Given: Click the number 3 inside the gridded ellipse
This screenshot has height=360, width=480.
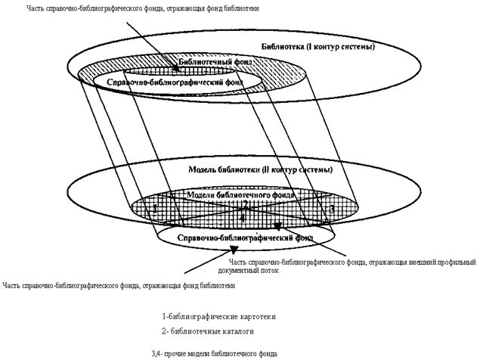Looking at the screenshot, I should [x=331, y=208].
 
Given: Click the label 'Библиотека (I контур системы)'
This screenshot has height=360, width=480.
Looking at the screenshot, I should [x=317, y=48].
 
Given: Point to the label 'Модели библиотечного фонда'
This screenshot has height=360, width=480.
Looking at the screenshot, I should [x=240, y=194].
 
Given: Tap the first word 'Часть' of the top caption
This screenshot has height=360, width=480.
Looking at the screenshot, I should [x=36, y=8].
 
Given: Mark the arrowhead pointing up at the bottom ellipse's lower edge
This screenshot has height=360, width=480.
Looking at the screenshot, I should [x=234, y=250].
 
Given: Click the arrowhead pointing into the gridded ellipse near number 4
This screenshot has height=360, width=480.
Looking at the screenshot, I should [x=278, y=225].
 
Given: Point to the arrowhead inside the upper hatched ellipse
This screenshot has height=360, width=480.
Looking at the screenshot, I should [x=175, y=70].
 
